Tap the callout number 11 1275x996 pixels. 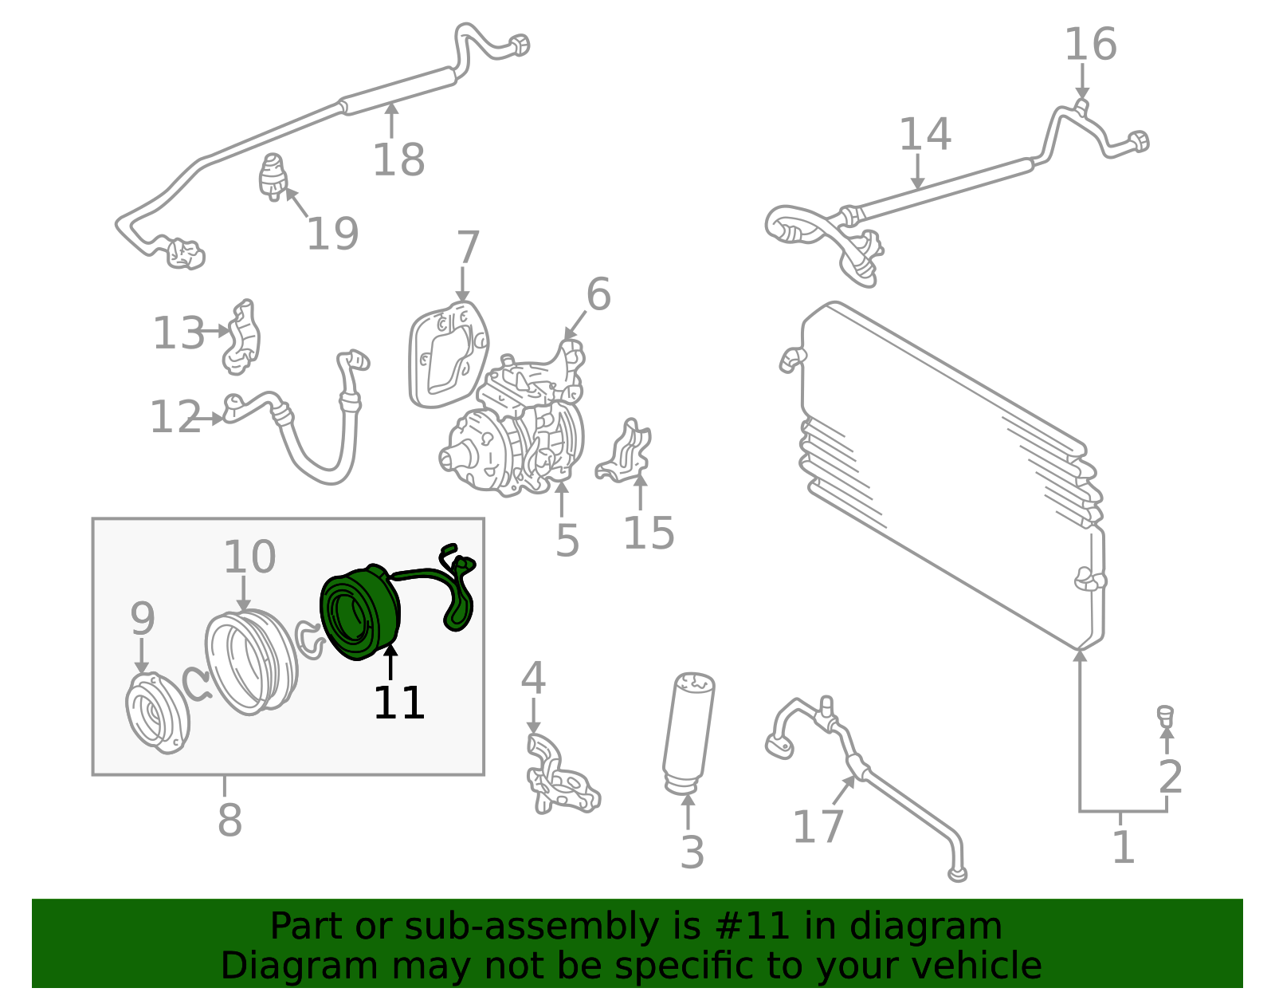(x=398, y=703)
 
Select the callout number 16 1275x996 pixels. (x=1090, y=44)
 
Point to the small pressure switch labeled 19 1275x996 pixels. (x=273, y=177)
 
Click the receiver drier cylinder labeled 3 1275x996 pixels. (x=688, y=733)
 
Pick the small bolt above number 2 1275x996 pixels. (x=1165, y=715)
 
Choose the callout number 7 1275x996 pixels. (x=468, y=248)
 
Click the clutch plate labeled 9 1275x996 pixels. (x=157, y=713)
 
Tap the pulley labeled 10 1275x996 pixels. (x=251, y=663)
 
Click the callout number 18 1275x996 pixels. (x=398, y=159)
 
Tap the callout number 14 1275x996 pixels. (x=924, y=134)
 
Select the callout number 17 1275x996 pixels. (x=818, y=826)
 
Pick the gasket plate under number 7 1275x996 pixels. (x=449, y=354)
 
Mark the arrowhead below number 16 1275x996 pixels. (x=1082, y=94)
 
